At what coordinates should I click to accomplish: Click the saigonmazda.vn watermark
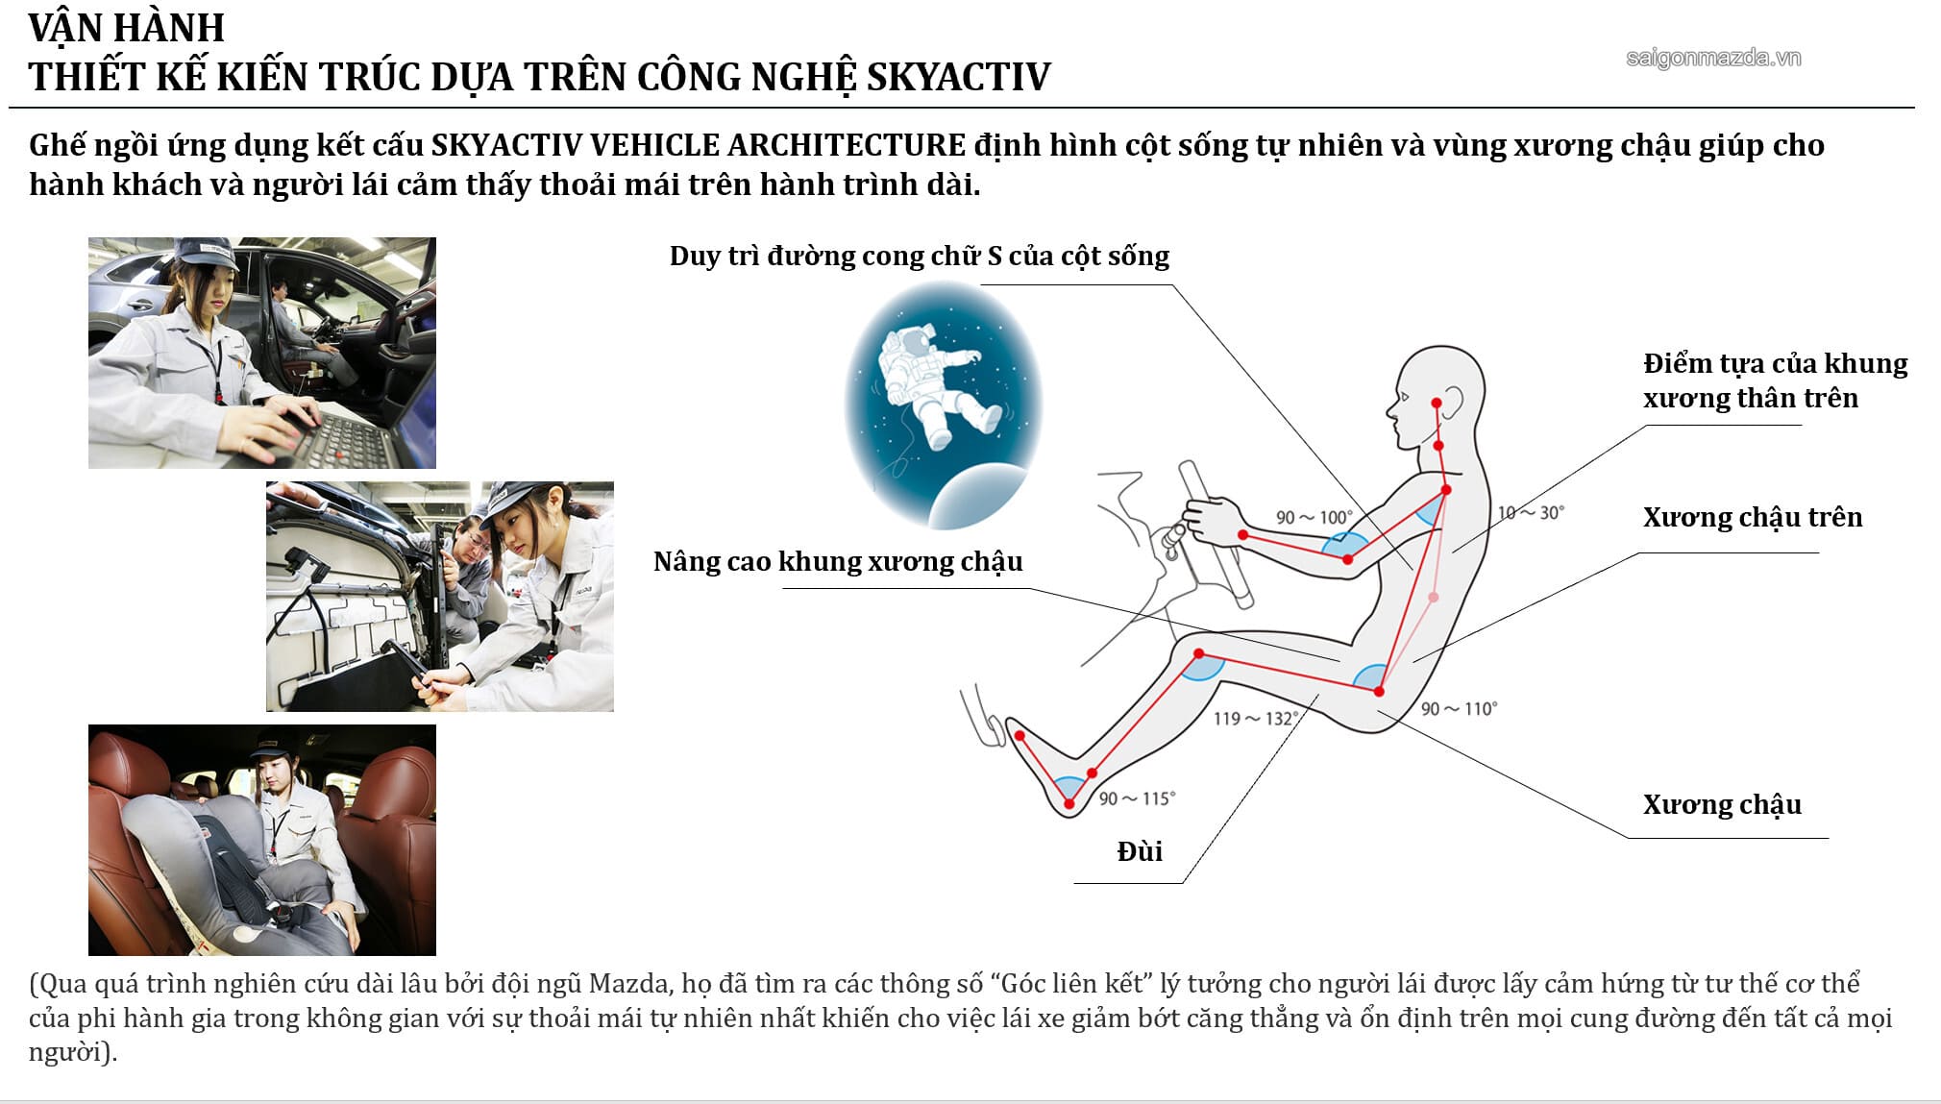(1713, 59)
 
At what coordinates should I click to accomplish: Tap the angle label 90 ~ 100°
(1314, 517)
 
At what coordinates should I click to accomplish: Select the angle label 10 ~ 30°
(1531, 513)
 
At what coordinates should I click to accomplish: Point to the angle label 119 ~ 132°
(1256, 719)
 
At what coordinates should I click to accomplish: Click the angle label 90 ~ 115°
(1137, 798)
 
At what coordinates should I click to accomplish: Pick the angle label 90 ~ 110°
(1459, 709)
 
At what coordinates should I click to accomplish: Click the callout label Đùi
(1140, 851)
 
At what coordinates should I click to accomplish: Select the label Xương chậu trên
(1752, 518)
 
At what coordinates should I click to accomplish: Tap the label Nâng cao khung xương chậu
(838, 562)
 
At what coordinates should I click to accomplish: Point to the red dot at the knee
(1199, 654)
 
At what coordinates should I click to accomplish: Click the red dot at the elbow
(1348, 558)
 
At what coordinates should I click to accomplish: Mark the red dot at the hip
(1379, 691)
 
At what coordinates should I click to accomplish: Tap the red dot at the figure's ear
(1437, 402)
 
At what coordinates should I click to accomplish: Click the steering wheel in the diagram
(1216, 533)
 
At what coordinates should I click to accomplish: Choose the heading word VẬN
(65, 28)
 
